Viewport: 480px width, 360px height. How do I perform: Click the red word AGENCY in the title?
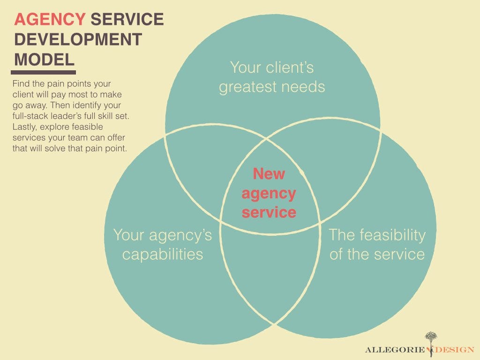[50, 19]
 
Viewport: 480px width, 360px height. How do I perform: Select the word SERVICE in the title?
[127, 19]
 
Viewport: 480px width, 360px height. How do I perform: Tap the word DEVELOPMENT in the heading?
[78, 39]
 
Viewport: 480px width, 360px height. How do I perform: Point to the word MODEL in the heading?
[45, 60]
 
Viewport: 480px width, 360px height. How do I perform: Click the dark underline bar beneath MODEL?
[43, 73]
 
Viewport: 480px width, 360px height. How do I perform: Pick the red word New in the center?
[269, 173]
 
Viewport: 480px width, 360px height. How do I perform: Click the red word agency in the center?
[269, 194]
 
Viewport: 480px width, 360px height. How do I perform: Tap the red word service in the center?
[269, 212]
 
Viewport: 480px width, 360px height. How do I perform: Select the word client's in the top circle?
[290, 67]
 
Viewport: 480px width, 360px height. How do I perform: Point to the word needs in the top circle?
[303, 87]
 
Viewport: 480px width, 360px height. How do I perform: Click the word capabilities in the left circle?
[163, 255]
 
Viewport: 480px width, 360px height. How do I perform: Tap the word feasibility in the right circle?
[392, 236]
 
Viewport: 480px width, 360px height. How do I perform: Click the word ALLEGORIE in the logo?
[395, 350]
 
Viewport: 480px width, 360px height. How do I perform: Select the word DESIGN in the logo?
[455, 350]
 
